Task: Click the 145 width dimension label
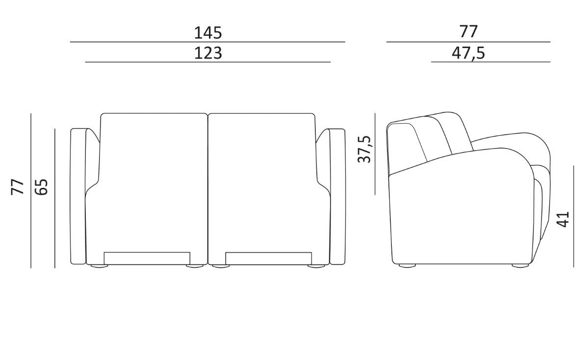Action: point(208,33)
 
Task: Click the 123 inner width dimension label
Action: point(208,53)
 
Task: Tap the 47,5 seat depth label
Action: point(468,53)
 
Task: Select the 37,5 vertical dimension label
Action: point(364,149)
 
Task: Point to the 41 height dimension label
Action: point(562,219)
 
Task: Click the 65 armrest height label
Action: point(41,187)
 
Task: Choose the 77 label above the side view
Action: point(468,32)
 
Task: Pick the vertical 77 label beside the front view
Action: point(18,187)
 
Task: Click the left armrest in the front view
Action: point(78,196)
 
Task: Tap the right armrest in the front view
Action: point(337,196)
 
